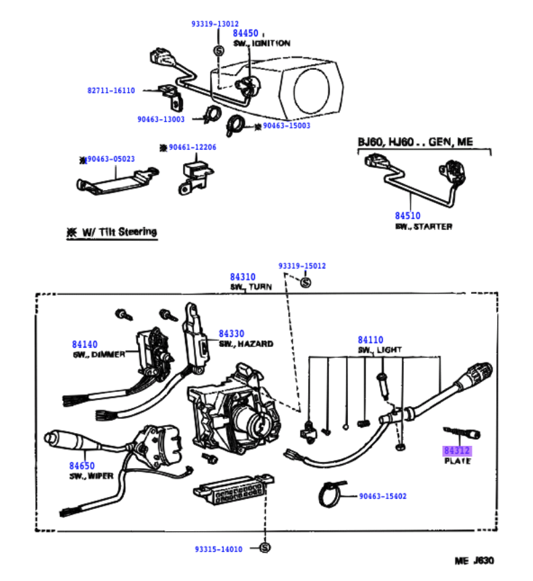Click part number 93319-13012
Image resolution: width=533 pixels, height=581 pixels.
(215, 24)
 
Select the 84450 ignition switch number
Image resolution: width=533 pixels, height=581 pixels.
(245, 33)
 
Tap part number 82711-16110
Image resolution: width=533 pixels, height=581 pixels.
(110, 90)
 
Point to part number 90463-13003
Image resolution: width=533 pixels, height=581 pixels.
(162, 119)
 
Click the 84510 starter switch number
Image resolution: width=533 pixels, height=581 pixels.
(407, 216)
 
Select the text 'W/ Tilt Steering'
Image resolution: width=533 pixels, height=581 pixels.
(119, 232)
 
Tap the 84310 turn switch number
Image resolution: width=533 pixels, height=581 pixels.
(242, 277)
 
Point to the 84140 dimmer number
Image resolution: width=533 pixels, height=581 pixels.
(85, 344)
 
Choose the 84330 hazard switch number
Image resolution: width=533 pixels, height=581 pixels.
(231, 334)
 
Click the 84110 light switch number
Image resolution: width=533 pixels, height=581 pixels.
(371, 340)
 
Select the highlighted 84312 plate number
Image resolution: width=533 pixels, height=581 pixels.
(457, 451)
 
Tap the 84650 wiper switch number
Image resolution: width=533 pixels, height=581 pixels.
(81, 465)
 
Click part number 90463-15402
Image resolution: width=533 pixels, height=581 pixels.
(383, 497)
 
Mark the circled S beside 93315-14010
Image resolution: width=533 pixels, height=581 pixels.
(263, 549)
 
